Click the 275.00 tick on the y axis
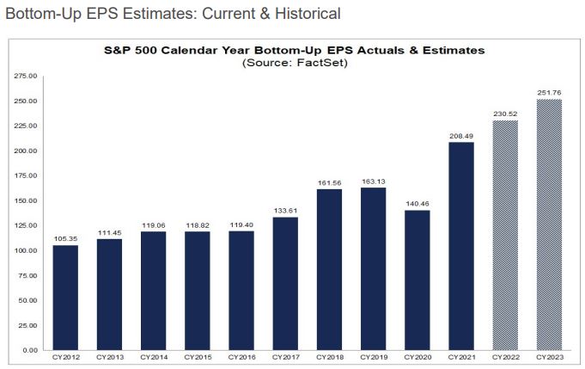pos(27,77)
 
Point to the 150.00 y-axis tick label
pos(27,200)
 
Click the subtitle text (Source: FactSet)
pos(295,63)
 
